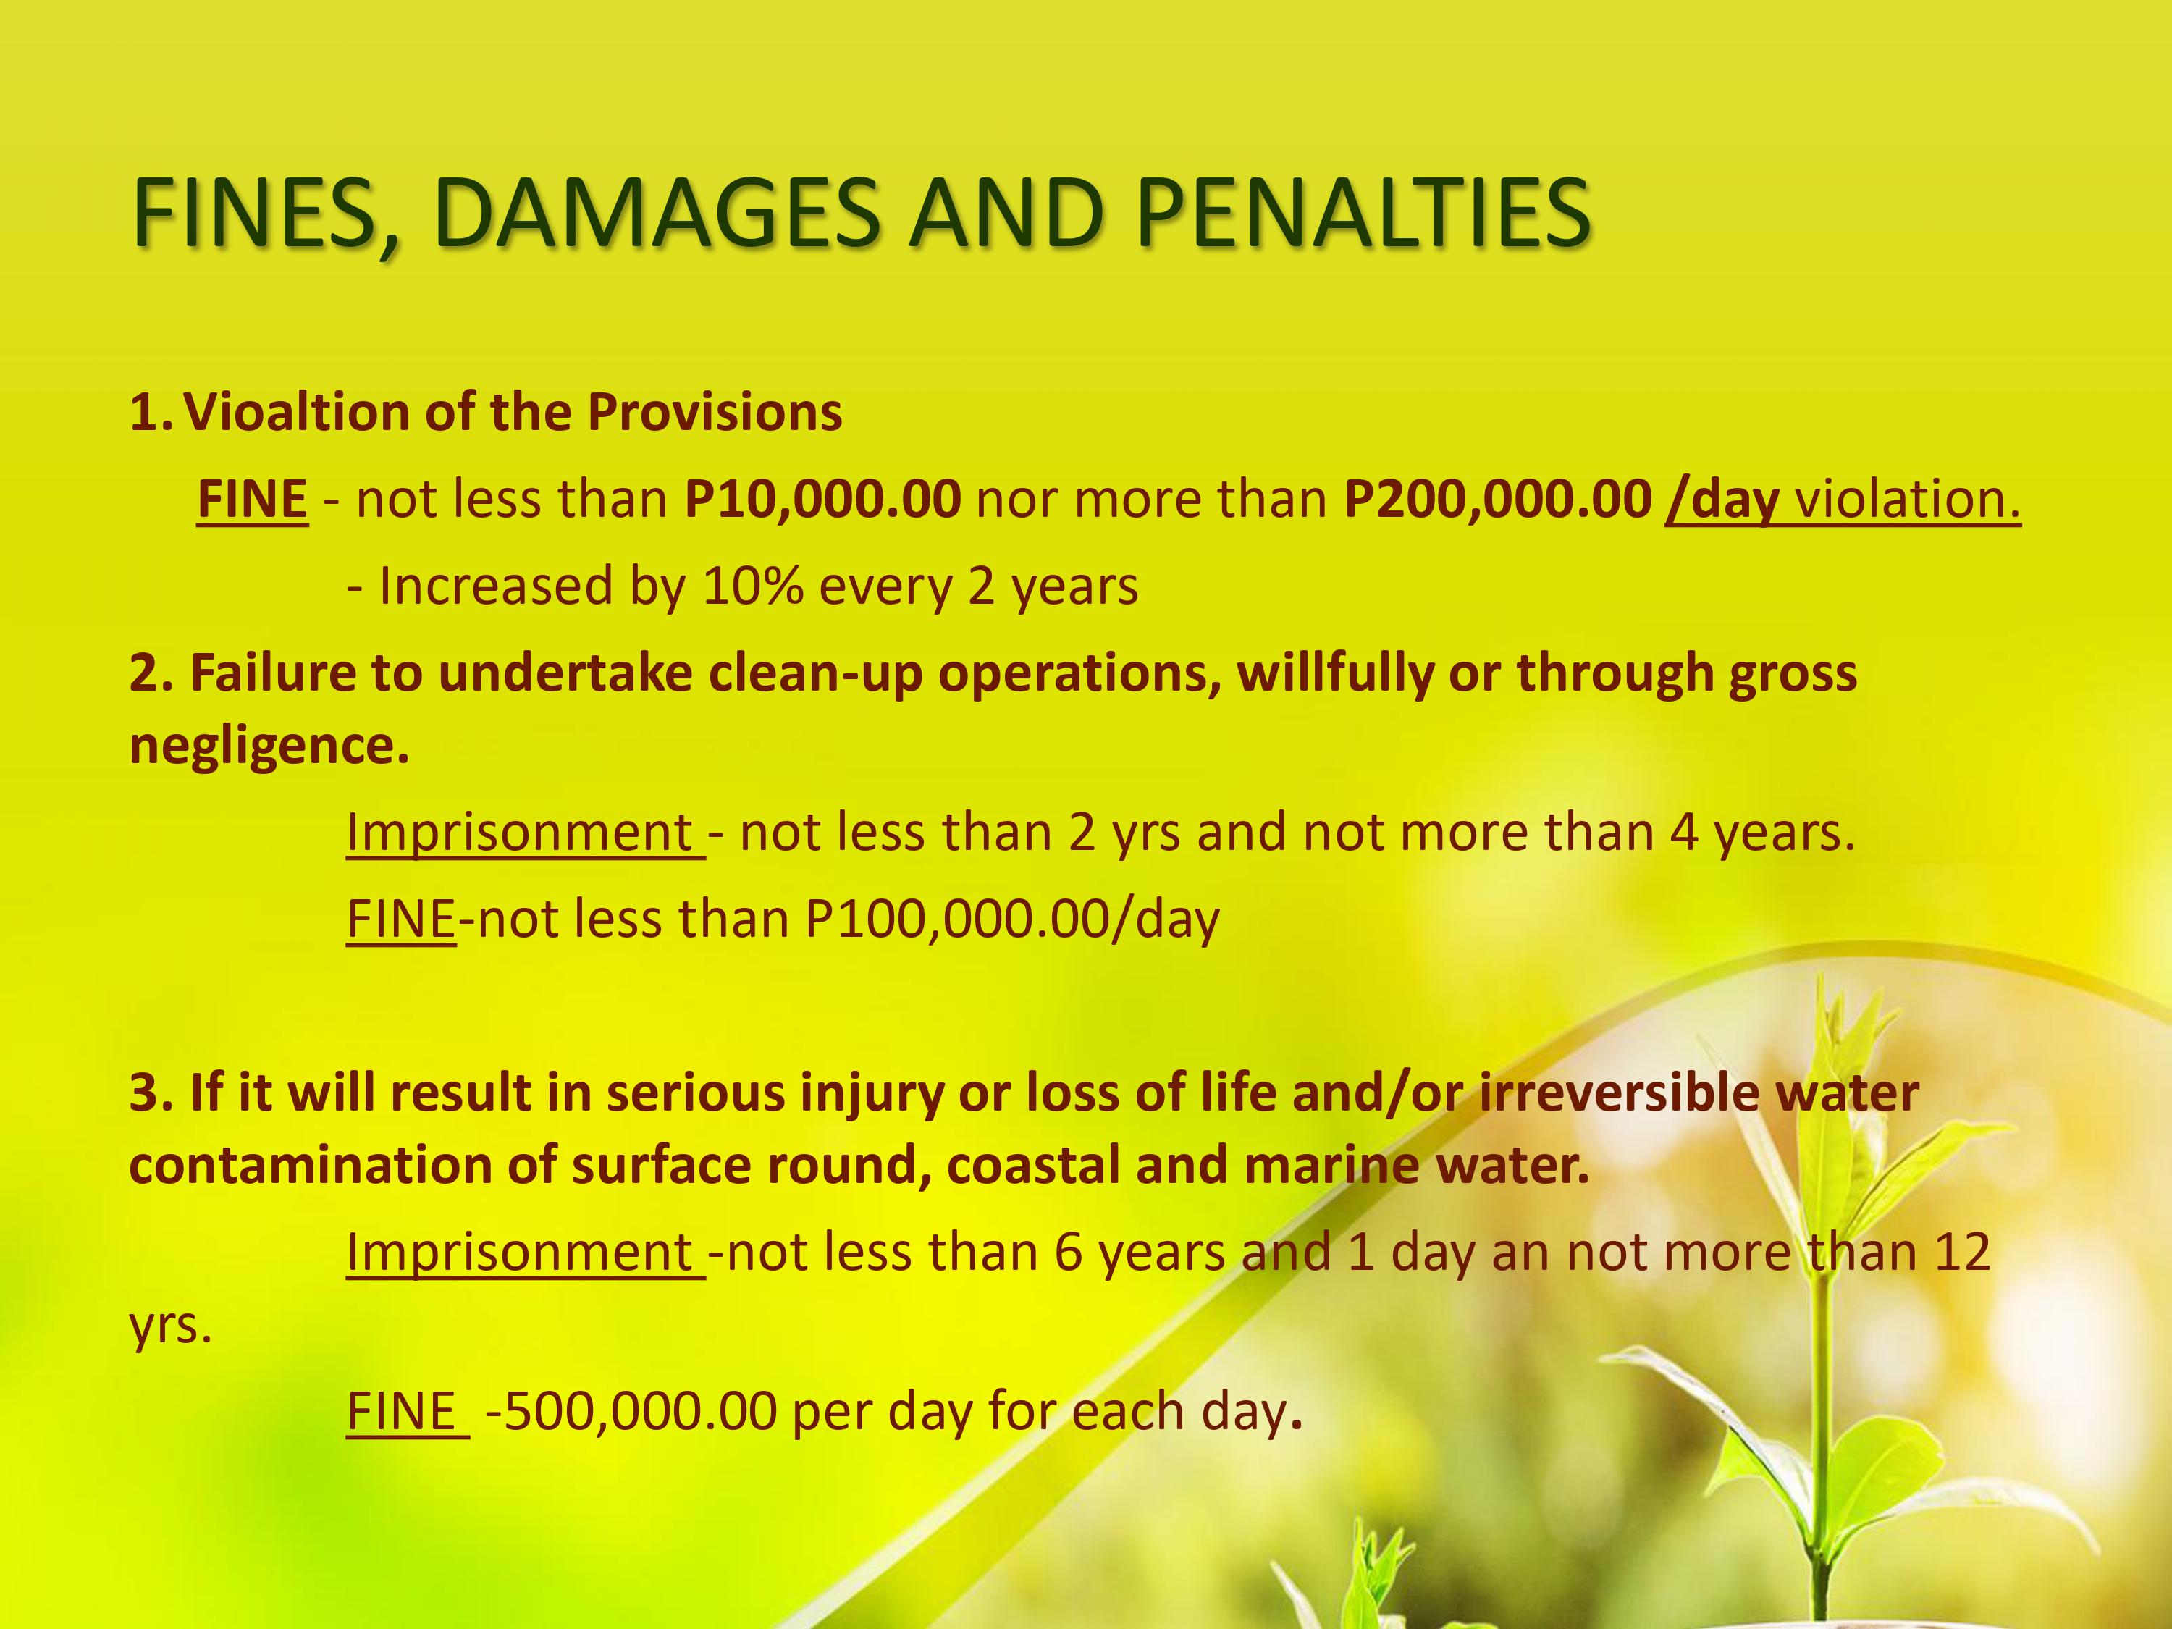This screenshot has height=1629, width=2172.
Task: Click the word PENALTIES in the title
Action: click(x=1363, y=212)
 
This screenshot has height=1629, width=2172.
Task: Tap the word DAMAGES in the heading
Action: click(x=657, y=212)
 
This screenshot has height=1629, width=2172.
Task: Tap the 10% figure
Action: click(x=753, y=586)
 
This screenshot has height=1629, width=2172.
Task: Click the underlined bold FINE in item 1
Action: click(x=253, y=500)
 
